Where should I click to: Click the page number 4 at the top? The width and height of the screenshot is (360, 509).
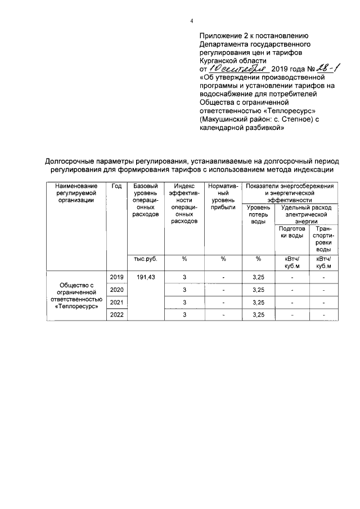point(191,21)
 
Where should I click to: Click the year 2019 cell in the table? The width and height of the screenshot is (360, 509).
point(117,277)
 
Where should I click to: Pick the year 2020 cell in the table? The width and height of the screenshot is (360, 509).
point(117,290)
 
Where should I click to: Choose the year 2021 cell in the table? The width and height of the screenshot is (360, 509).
point(117,303)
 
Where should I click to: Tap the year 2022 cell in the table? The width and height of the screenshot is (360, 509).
point(117,315)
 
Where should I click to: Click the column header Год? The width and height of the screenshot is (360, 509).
point(117,186)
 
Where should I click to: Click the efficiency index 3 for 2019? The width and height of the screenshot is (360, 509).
point(184,277)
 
